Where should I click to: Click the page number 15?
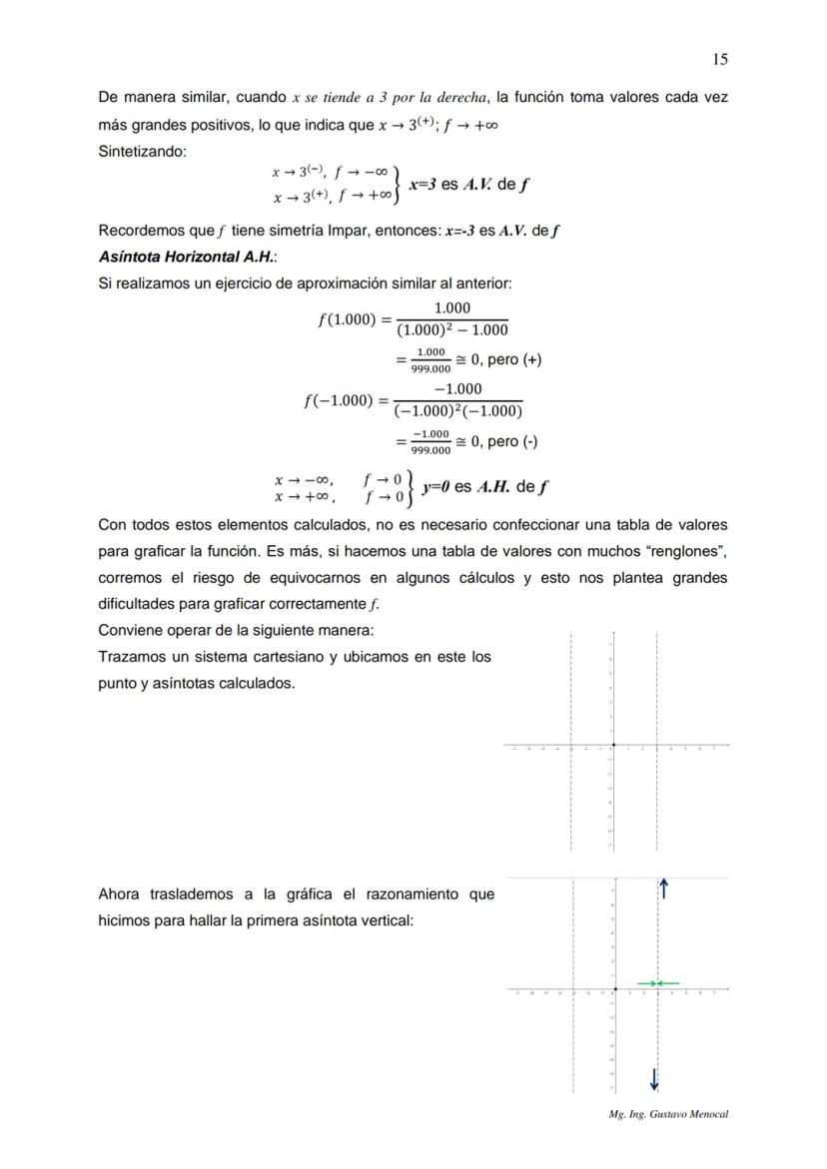(720, 59)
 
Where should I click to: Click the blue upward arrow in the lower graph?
(663, 888)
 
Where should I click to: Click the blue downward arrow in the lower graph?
(654, 1079)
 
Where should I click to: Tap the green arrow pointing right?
(646, 983)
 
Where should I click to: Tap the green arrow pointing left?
(669, 983)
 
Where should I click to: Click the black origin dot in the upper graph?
(612, 745)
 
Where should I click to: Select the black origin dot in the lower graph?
(615, 989)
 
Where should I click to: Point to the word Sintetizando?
(142, 151)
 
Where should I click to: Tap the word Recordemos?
(141, 231)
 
